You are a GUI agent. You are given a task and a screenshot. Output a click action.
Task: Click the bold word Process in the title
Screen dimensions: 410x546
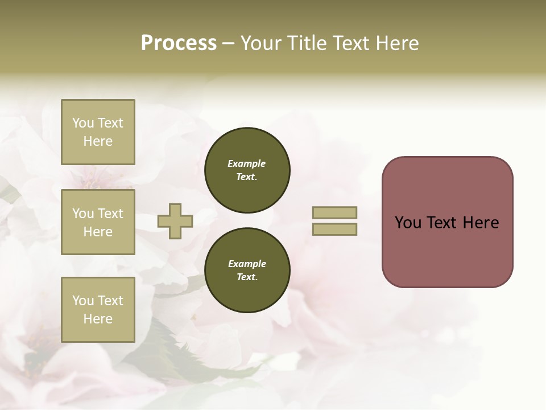click(179, 43)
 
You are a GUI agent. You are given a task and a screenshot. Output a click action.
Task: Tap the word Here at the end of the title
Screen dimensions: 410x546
click(398, 43)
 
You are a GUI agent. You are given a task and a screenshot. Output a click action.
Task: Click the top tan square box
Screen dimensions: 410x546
click(98, 132)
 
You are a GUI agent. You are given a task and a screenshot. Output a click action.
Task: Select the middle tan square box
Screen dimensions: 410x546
click(98, 222)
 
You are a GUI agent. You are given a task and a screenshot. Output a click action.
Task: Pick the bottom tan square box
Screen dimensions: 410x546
click(98, 310)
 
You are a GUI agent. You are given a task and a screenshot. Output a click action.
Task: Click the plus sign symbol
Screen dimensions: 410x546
click(175, 222)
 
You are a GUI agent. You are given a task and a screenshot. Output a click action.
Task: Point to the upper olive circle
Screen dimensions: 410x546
click(247, 170)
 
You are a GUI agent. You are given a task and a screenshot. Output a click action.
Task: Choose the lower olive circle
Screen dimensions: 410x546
click(247, 270)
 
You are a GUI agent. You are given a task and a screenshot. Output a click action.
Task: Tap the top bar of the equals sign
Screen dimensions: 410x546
click(334, 212)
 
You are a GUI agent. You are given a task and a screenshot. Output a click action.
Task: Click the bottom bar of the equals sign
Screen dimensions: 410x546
click(334, 229)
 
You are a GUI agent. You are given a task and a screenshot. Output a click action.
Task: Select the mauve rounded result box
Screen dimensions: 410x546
click(447, 222)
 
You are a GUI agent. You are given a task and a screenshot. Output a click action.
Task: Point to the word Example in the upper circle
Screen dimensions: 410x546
click(247, 163)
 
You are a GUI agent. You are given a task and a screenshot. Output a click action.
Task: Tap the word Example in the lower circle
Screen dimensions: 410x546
click(247, 264)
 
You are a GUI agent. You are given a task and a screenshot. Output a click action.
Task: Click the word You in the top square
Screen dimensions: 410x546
click(83, 123)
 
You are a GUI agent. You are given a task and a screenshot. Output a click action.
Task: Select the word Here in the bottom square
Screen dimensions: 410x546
click(98, 319)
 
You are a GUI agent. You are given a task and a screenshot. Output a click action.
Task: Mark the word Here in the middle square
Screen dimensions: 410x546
click(98, 232)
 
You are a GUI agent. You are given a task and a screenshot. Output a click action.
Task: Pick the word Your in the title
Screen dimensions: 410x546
click(260, 43)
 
